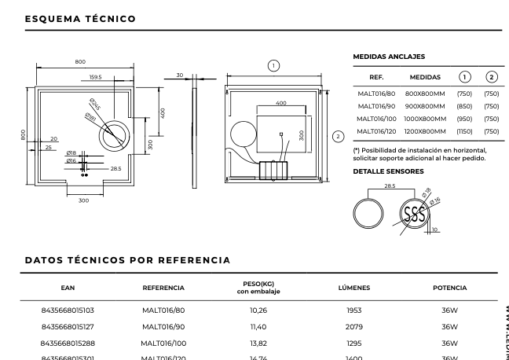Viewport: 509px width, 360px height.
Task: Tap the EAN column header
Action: [x=67, y=288]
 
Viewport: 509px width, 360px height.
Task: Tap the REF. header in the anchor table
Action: [x=375, y=77]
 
